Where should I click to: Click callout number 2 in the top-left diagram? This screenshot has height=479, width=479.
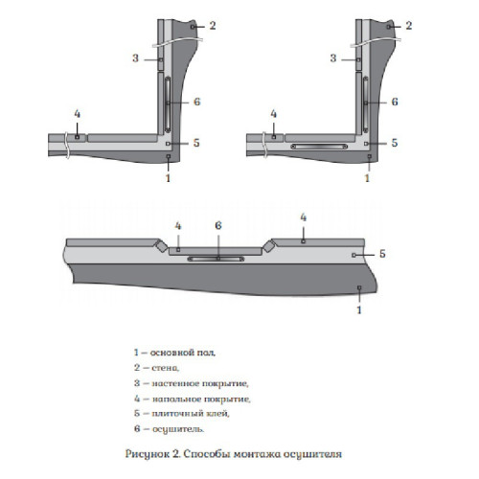pyautogui.click(x=213, y=26)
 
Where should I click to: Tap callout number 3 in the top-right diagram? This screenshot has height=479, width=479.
pyautogui.click(x=333, y=58)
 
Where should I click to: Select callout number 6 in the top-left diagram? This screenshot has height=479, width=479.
pyautogui.click(x=197, y=102)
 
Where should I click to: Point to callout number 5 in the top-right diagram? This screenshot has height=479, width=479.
pyautogui.click(x=395, y=143)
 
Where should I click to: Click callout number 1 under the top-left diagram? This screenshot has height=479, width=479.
pyautogui.click(x=169, y=178)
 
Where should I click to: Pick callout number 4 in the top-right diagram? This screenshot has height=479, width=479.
pyautogui.click(x=274, y=114)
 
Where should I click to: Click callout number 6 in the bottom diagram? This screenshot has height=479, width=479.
pyautogui.click(x=218, y=226)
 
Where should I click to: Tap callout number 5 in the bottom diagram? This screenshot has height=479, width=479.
pyautogui.click(x=382, y=254)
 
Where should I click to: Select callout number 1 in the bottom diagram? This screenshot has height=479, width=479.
pyautogui.click(x=359, y=309)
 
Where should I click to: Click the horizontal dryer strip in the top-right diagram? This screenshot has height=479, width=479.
pyautogui.click(x=319, y=147)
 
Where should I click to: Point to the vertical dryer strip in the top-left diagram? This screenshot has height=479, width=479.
pyautogui.click(x=168, y=104)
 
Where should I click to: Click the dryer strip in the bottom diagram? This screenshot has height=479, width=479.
pyautogui.click(x=216, y=259)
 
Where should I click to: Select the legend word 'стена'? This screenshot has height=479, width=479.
pyautogui.click(x=165, y=368)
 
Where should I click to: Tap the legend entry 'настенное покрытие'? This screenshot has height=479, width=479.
pyautogui.click(x=200, y=383)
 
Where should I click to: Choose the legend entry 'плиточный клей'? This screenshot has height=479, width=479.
pyautogui.click(x=191, y=414)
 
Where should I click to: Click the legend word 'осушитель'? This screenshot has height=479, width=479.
pyautogui.click(x=178, y=429)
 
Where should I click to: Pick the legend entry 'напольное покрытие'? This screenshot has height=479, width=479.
pyautogui.click(x=201, y=399)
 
